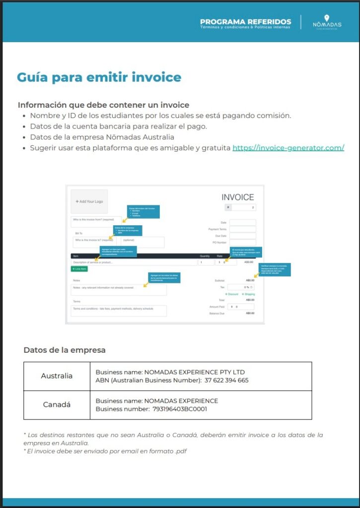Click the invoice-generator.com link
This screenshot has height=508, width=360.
click(288, 148)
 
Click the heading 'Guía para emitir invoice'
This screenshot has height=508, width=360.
click(99, 77)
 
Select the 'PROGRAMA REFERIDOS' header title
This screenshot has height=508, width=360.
click(245, 22)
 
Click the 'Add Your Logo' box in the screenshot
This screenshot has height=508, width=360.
click(89, 201)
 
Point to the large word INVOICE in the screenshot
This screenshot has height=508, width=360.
click(237, 197)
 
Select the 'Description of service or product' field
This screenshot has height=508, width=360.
click(134, 262)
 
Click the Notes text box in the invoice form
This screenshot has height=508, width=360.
click(119, 289)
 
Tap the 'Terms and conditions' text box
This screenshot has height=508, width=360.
click(119, 311)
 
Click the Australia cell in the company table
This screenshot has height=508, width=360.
click(57, 376)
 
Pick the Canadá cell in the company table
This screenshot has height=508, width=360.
click(57, 405)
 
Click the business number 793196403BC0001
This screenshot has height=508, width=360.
click(180, 409)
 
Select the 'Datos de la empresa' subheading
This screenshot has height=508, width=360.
click(65, 350)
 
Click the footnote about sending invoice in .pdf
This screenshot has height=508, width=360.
click(105, 451)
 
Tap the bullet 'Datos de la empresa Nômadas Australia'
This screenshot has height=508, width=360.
click(102, 137)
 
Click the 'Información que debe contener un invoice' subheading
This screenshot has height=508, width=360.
click(103, 105)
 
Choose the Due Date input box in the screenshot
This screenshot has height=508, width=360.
click(242, 236)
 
